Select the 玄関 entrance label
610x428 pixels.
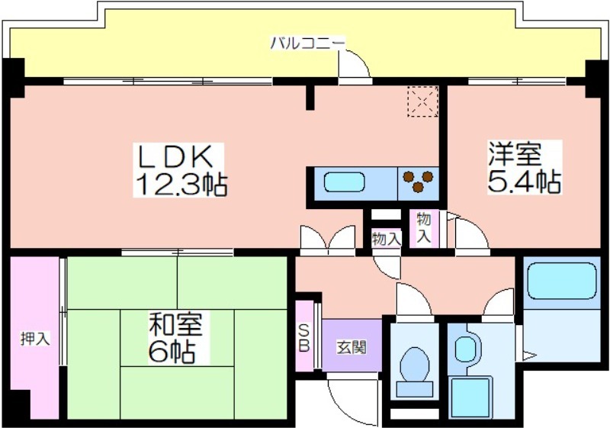[352, 348]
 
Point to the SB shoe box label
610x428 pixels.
[304, 337]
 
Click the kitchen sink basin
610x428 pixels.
[345, 183]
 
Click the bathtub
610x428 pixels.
[562, 282]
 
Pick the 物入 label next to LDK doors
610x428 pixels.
[387, 238]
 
